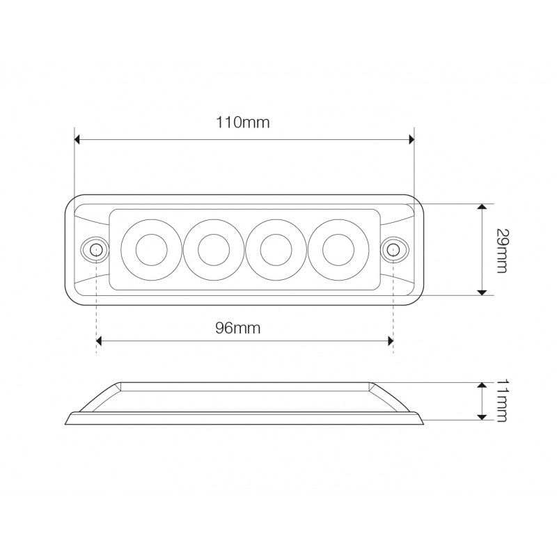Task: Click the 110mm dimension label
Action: [x=242, y=123]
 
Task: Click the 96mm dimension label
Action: [x=237, y=328]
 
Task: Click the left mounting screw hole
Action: [x=94, y=249]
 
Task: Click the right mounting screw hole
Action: [x=393, y=249]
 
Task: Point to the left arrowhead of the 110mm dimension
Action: [x=78, y=140]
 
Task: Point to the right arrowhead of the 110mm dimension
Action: [x=411, y=140]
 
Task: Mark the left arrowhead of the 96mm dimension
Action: [x=100, y=341]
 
